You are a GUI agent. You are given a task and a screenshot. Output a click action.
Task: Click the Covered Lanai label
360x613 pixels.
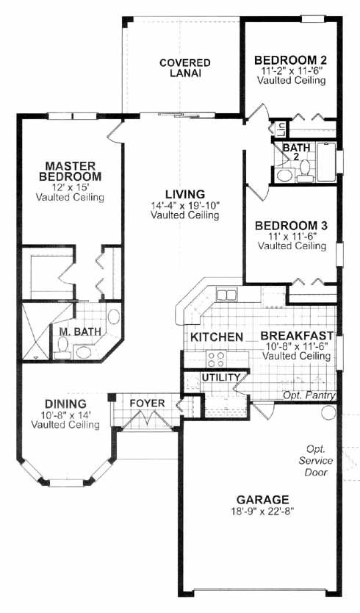[185, 68]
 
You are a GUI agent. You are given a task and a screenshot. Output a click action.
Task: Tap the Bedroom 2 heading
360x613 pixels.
[290, 60]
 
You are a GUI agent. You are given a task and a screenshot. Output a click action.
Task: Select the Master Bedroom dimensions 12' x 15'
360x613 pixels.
[70, 187]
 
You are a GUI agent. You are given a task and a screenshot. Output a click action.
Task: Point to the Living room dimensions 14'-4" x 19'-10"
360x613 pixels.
[186, 205]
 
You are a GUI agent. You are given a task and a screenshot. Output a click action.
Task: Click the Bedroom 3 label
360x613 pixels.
[291, 226]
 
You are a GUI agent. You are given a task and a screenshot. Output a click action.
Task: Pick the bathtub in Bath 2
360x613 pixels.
[326, 162]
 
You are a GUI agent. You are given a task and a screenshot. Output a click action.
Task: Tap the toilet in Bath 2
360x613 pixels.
[305, 171]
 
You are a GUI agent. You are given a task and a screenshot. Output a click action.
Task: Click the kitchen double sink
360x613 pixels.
[226, 295]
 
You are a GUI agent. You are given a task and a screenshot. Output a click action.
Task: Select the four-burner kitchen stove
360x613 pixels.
[216, 359]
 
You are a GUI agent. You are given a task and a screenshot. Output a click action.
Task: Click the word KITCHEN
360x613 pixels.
[217, 337]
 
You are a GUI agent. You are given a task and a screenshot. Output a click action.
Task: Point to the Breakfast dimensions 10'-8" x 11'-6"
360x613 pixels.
[295, 346]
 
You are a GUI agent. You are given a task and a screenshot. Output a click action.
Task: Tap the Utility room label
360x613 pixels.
[221, 377]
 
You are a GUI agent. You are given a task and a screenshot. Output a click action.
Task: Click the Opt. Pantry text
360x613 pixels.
[309, 395]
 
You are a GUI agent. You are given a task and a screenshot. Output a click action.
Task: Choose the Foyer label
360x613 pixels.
[148, 403]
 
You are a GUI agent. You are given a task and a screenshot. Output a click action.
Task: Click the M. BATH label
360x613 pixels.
[80, 331]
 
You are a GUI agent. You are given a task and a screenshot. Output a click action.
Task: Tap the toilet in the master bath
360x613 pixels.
[62, 348]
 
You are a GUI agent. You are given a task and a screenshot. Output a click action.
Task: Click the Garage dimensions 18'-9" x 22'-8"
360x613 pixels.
[263, 510]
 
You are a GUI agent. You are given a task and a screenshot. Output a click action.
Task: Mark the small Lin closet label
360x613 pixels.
[281, 129]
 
